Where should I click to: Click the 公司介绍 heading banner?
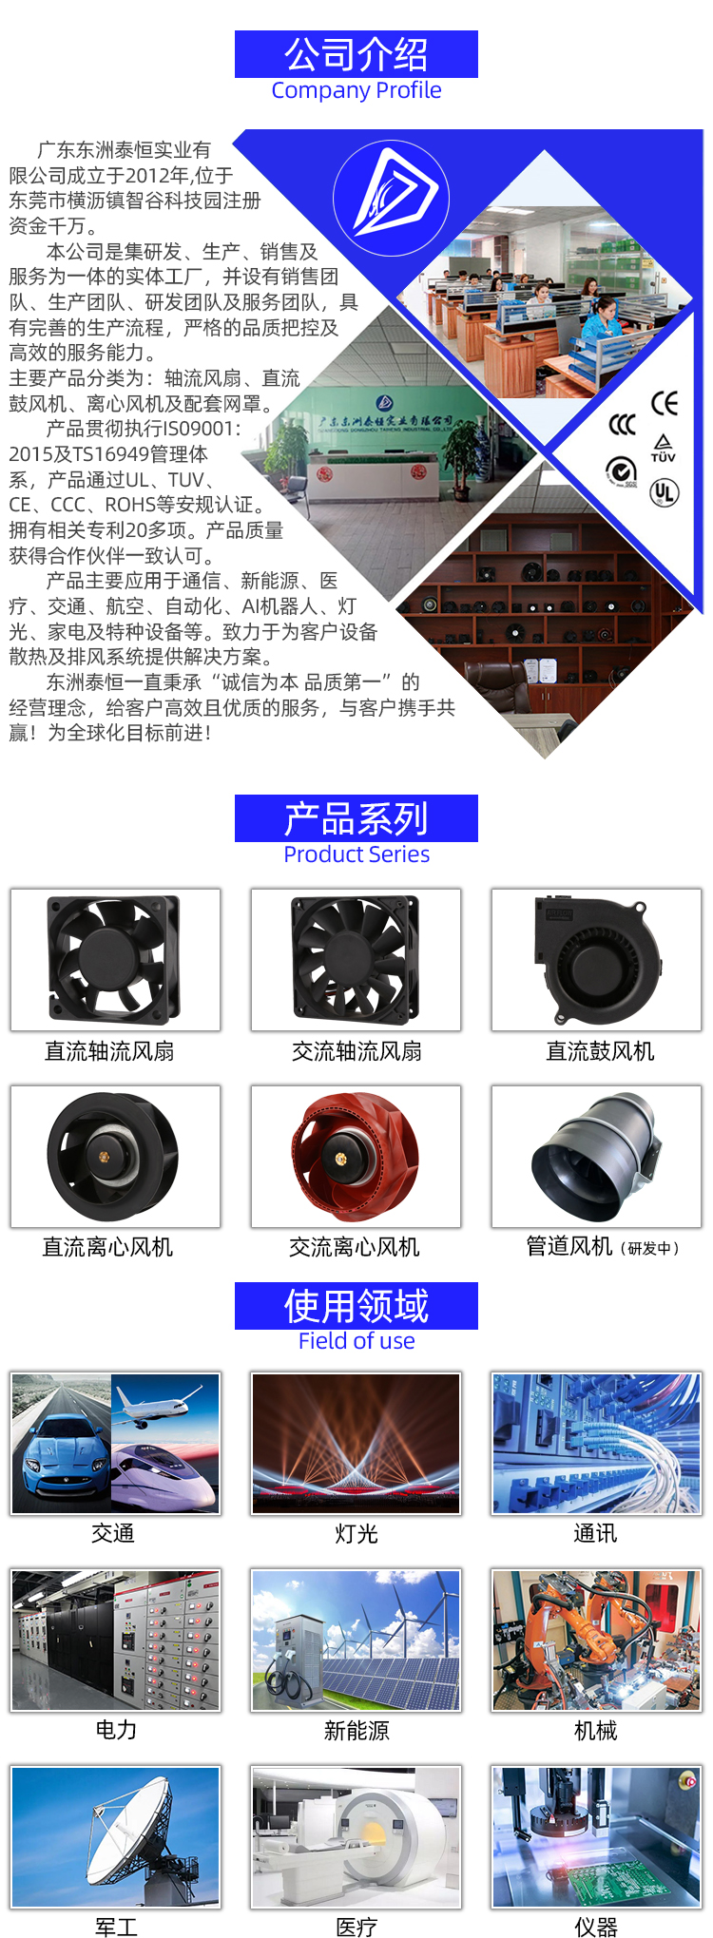(356, 54)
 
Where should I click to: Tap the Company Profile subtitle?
(356, 90)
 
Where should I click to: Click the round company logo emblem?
(391, 198)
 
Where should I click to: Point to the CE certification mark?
(665, 403)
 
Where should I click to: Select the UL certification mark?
(664, 492)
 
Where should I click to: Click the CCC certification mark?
(622, 424)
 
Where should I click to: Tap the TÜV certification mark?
(664, 448)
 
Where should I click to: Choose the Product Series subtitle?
(356, 854)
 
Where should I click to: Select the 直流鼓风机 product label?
(600, 1051)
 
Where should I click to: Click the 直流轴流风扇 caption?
(109, 1051)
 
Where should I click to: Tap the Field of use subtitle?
(356, 1341)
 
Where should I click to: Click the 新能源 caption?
(356, 1731)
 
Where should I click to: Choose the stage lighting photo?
(356, 1443)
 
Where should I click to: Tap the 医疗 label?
(356, 1927)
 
